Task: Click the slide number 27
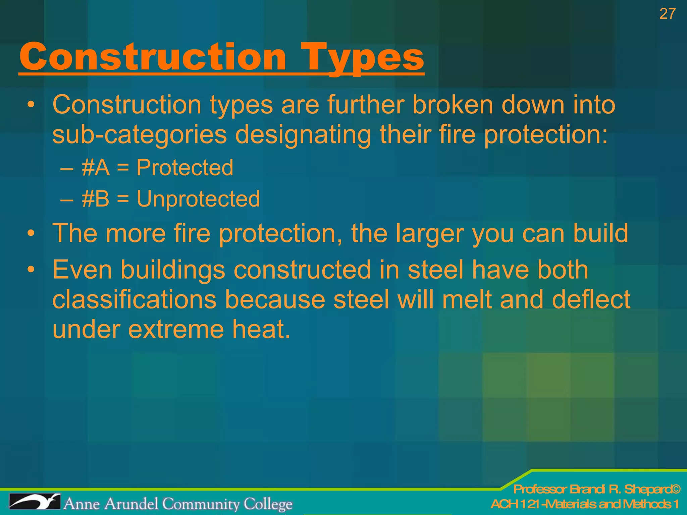coord(667,14)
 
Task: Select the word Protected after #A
coord(184,167)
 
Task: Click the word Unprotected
coord(198,199)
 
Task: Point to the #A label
coord(96,167)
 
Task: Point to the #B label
coord(96,199)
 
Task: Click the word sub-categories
coord(140,134)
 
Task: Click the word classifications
coord(134,299)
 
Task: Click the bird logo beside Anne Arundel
coord(35,502)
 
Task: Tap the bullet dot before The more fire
coord(31,233)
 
